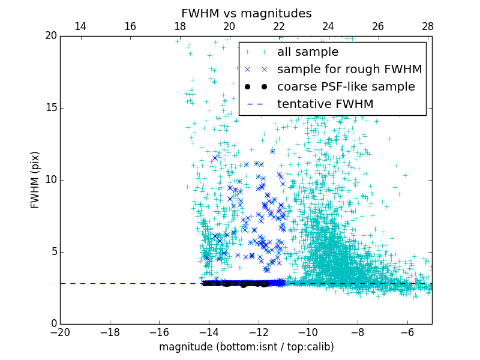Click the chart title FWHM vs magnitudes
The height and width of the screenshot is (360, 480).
click(x=247, y=13)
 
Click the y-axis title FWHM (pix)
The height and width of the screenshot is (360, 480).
click(x=35, y=179)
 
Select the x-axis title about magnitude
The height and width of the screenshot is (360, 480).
click(x=247, y=347)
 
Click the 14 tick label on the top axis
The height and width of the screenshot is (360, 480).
click(x=80, y=26)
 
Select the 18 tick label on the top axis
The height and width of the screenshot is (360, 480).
click(x=179, y=26)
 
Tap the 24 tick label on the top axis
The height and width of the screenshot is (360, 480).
click(x=328, y=26)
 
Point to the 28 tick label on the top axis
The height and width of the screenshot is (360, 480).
click(x=427, y=26)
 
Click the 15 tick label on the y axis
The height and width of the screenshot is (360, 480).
click(x=50, y=108)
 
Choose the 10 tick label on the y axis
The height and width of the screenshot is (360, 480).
click(x=50, y=180)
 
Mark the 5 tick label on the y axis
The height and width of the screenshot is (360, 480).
click(x=53, y=252)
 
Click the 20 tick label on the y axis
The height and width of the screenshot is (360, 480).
click(x=50, y=36)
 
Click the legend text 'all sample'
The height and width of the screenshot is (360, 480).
click(x=307, y=52)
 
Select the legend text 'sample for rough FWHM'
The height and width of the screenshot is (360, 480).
click(x=349, y=70)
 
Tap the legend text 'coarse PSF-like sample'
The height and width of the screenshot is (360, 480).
click(x=346, y=87)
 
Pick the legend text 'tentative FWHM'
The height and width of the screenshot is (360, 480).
click(x=325, y=104)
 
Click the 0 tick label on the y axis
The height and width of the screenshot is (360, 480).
click(x=53, y=324)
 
